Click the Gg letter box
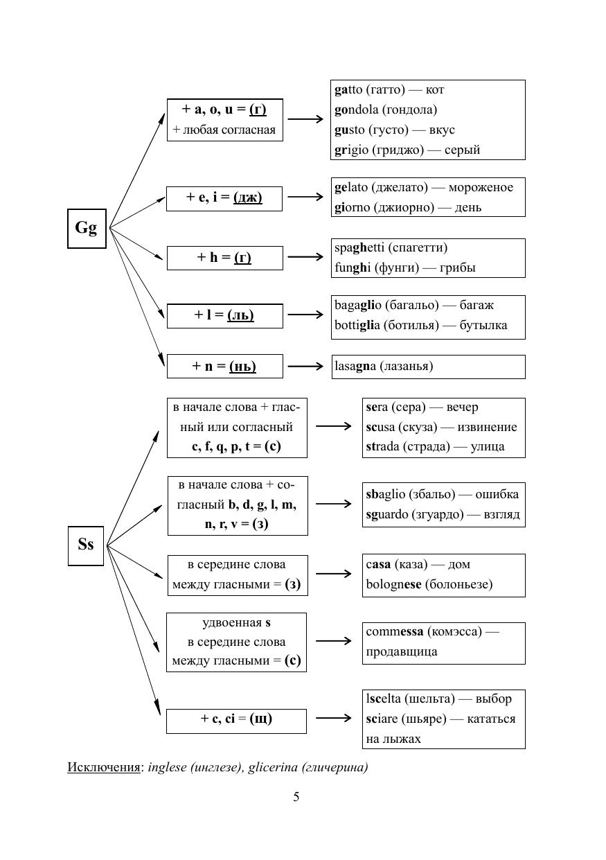(87, 228)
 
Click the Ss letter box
(86, 545)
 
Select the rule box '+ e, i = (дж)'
(224, 198)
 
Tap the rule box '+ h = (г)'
(224, 258)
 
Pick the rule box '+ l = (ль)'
(224, 315)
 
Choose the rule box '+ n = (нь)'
(224, 367)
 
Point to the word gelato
(351, 188)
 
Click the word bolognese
(393, 584)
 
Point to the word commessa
(395, 631)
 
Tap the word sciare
(382, 719)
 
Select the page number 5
(296, 797)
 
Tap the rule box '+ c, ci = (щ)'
(236, 719)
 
